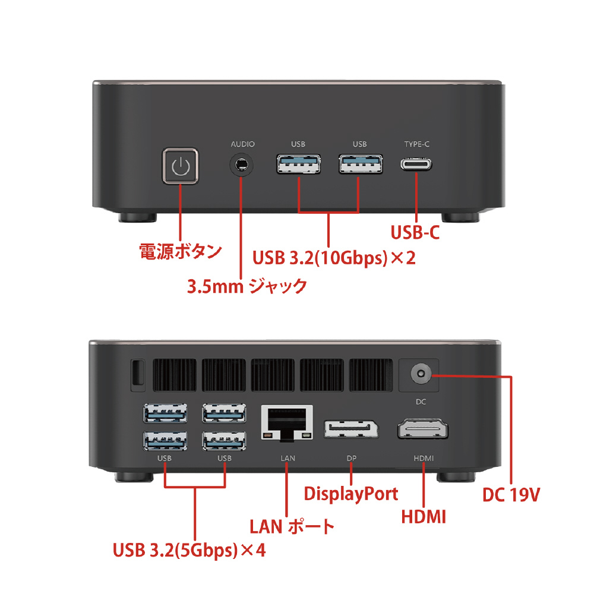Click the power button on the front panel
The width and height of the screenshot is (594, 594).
181,166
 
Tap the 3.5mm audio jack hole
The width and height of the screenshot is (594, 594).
241,165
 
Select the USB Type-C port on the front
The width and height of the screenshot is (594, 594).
416,165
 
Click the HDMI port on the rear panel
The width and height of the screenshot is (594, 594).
423,429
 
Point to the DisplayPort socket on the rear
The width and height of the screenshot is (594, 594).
351,429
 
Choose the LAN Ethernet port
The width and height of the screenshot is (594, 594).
287,423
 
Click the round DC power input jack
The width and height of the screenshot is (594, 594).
421,374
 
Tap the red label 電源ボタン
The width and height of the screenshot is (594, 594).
181,251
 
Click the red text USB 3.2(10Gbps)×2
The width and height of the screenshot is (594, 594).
334,258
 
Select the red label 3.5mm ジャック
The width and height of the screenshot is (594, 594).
247,286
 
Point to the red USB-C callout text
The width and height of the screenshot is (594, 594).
415,232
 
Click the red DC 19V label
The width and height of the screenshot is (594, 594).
511,494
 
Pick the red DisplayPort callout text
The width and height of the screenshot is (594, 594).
351,494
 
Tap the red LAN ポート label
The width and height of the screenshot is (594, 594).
292,526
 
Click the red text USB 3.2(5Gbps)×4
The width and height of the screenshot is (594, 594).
189,550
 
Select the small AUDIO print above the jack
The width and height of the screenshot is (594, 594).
243,144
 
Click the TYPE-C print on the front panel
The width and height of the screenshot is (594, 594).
417,144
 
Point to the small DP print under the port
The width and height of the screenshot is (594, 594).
352,459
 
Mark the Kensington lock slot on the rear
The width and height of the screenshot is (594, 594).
138,375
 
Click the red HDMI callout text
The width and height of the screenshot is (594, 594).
424,517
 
